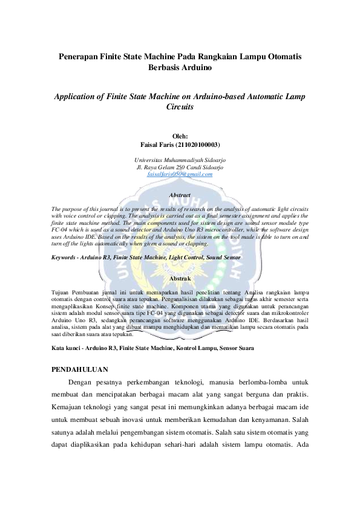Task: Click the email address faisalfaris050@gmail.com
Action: (180, 173)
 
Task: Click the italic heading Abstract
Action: (180, 195)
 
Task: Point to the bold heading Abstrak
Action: (180, 278)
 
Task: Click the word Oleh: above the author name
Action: (180, 137)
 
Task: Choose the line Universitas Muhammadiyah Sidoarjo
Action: (180, 159)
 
